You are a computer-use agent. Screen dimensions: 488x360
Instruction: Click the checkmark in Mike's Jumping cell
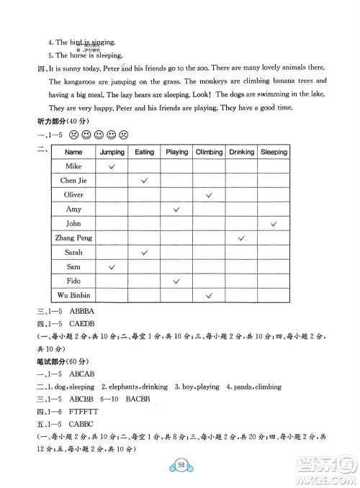[112, 166]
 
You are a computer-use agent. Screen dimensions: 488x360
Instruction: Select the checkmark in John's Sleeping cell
[274, 224]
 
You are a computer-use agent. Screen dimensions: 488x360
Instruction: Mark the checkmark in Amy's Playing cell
[176, 209]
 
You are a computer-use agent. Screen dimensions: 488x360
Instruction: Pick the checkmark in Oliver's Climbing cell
[209, 195]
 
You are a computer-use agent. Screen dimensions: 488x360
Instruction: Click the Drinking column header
[242, 152]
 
